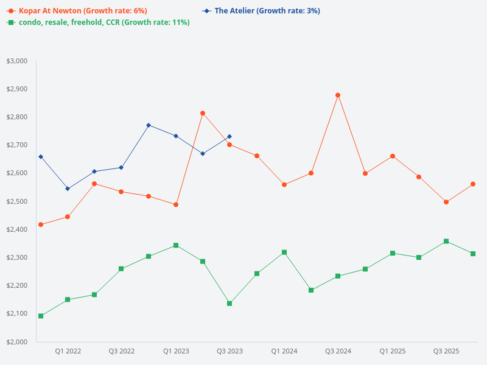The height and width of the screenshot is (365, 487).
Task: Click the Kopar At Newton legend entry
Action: point(83,11)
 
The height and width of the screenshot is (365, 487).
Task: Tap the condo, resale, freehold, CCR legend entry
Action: point(103,23)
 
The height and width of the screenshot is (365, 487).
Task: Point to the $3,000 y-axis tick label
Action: point(17,61)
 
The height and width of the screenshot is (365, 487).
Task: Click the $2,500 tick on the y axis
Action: point(17,201)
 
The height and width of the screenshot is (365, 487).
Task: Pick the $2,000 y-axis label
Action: point(17,342)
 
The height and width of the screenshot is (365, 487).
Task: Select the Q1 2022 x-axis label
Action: point(68,351)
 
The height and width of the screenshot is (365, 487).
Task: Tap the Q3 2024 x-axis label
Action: point(338,351)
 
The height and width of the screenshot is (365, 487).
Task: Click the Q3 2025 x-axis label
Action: point(446,351)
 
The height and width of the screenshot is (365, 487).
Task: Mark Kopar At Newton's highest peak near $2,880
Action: point(338,95)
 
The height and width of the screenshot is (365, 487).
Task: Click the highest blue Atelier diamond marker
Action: point(149,125)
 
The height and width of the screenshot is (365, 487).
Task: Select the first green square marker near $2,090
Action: point(41,316)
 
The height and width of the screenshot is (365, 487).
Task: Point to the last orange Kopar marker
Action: point(473,184)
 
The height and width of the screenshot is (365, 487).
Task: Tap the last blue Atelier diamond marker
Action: point(229,137)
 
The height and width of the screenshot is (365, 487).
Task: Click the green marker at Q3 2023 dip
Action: point(229,303)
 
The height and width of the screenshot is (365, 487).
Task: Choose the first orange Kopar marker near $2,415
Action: point(41,224)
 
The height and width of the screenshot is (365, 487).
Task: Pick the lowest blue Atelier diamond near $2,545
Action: point(68,189)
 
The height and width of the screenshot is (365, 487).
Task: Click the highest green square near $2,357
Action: point(446,242)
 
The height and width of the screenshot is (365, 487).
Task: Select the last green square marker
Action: point(473,254)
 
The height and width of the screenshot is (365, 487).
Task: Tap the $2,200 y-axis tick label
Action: point(17,285)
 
